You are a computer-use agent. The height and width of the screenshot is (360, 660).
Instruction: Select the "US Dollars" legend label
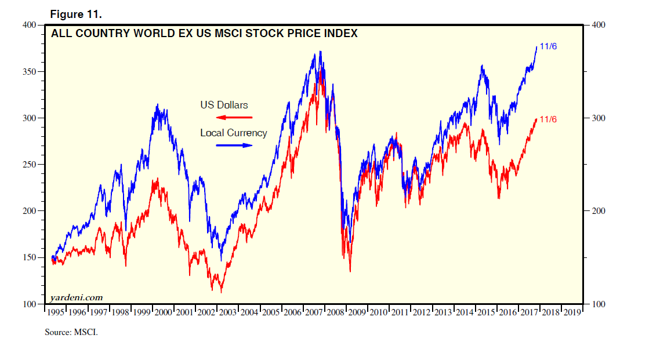[224, 105]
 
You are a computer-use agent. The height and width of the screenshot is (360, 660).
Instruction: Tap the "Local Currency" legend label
[234, 133]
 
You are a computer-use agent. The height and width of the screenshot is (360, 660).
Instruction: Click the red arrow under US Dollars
[234, 118]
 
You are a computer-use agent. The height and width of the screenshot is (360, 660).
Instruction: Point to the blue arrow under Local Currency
[234, 146]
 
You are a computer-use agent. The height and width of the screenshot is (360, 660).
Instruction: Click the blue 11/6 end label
[548, 46]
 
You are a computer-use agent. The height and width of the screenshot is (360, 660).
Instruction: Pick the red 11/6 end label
[548, 119]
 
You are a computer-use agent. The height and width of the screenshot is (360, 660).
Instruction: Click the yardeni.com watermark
[77, 297]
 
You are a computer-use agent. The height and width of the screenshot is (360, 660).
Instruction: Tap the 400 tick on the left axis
[28, 25]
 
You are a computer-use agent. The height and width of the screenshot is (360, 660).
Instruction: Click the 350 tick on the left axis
[28, 72]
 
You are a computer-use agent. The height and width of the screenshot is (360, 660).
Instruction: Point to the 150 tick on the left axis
[28, 257]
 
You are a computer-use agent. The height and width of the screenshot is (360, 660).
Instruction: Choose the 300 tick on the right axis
[597, 118]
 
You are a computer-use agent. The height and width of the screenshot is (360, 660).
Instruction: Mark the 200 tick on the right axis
[597, 211]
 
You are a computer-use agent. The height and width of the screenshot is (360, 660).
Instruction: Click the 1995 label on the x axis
[56, 312]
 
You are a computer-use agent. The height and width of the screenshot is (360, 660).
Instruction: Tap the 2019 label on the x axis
[572, 312]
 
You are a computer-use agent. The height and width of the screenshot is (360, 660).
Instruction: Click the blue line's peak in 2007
[320, 52]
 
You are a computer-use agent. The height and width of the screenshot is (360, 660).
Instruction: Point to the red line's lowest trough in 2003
[221, 292]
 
